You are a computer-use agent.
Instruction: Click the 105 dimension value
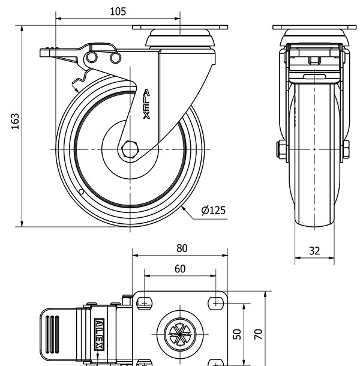click(118, 11)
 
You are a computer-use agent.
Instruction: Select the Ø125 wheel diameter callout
click(213, 210)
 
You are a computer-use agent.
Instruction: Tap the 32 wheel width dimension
click(314, 251)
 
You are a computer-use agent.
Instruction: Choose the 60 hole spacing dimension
click(179, 269)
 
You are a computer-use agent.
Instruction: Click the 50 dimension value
click(238, 334)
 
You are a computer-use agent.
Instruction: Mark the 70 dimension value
click(259, 334)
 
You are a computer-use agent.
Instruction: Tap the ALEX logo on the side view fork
click(146, 104)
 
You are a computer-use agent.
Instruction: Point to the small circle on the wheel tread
click(81, 192)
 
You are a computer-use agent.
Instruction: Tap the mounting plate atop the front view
click(314, 28)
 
